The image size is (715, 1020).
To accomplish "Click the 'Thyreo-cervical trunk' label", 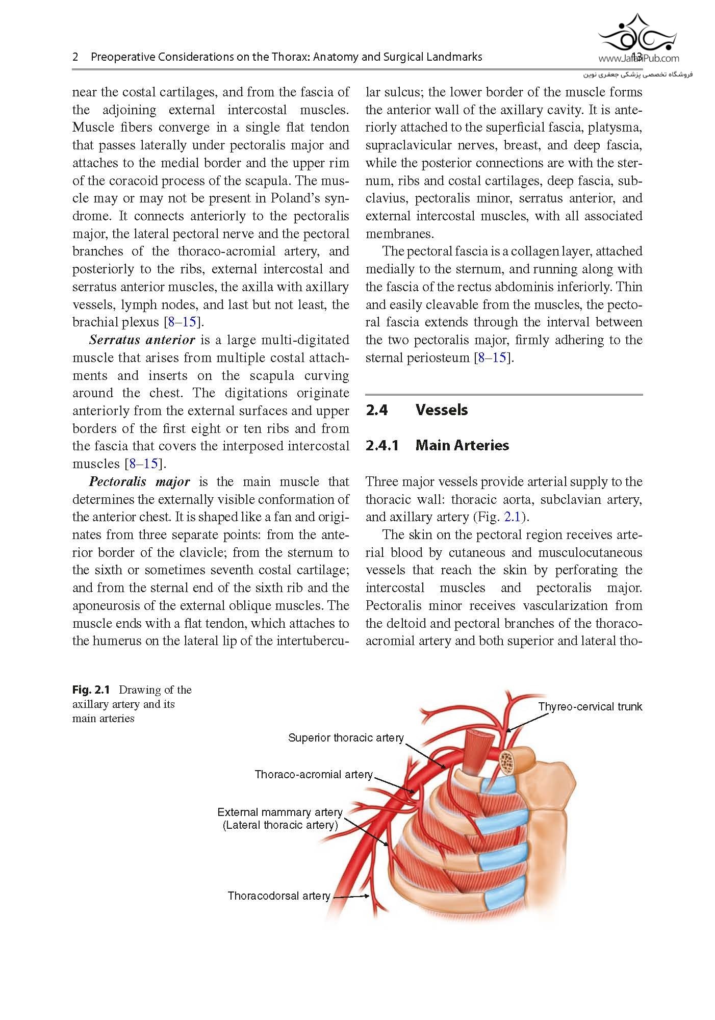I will [x=590, y=707].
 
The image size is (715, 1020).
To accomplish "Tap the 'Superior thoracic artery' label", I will [x=346, y=738].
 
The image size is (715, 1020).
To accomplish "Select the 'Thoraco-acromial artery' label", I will [x=314, y=775].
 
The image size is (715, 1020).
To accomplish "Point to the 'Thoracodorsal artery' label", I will [x=279, y=896].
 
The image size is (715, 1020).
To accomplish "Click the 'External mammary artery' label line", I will [x=279, y=812].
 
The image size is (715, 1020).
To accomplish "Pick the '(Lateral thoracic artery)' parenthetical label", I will [x=280, y=825].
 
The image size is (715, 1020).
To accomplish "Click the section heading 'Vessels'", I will [x=442, y=410].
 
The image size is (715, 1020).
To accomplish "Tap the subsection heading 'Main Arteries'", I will [x=462, y=445].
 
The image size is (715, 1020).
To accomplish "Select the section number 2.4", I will [x=377, y=410].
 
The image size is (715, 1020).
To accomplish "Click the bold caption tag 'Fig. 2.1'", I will [x=91, y=690].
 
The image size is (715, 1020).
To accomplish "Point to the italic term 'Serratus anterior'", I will [x=142, y=340].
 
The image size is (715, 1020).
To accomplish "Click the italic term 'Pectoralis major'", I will [x=139, y=482].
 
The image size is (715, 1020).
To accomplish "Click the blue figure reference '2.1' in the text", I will [x=512, y=517].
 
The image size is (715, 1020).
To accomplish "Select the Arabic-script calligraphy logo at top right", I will [x=637, y=33].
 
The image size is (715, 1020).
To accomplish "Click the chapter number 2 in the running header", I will [x=75, y=57].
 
